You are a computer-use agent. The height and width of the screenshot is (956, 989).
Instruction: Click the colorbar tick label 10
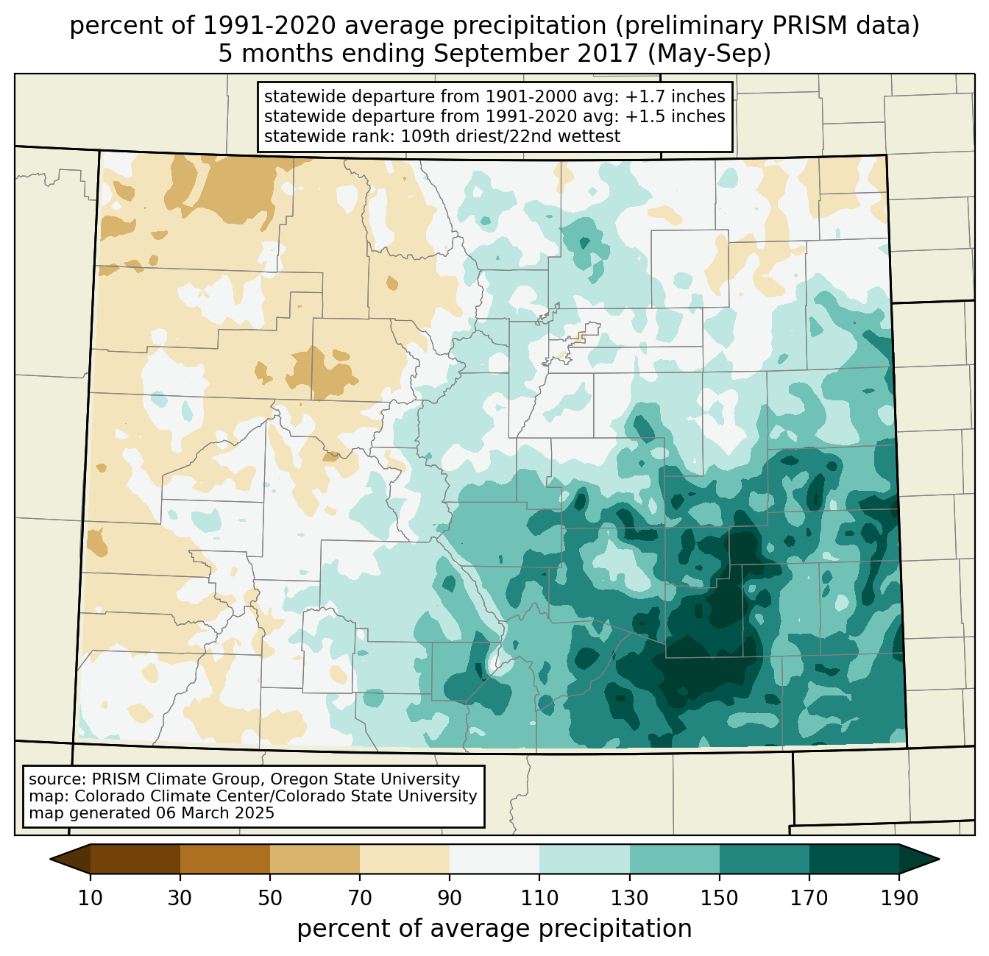tap(90, 899)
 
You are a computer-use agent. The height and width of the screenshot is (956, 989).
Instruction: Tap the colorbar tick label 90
tap(450, 899)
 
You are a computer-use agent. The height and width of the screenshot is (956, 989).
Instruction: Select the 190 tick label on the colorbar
tap(899, 899)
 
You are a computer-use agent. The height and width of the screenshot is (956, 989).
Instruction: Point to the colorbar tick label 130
tap(629, 899)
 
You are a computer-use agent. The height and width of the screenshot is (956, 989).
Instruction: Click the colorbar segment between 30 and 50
tap(225, 859)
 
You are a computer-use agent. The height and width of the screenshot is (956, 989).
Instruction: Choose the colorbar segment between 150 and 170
tap(765, 859)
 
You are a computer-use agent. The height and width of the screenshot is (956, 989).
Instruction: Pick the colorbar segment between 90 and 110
tap(494, 859)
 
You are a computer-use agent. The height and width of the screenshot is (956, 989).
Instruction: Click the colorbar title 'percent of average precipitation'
tap(494, 929)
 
